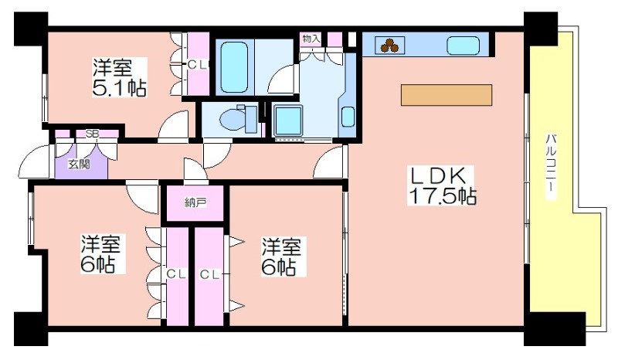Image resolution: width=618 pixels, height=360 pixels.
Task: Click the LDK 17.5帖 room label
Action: tap(441, 185)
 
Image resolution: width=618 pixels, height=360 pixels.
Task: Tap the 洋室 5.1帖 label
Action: tap(119, 78)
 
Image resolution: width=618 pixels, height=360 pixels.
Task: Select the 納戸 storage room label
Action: tap(195, 203)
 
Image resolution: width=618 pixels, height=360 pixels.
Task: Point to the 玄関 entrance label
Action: tap(79, 164)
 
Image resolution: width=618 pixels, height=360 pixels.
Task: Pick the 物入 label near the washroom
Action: tap(311, 39)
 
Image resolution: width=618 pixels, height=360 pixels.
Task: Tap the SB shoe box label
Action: tap(92, 134)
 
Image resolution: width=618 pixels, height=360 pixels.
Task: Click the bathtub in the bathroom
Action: tap(234, 67)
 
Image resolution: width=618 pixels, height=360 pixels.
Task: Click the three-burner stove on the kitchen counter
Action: tap(389, 46)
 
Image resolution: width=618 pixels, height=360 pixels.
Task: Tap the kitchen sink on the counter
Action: tap(463, 46)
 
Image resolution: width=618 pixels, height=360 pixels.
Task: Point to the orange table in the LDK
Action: tap(447, 95)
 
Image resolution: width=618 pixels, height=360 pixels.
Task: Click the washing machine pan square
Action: tap(287, 121)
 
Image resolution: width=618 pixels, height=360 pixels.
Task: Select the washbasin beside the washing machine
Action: tap(347, 117)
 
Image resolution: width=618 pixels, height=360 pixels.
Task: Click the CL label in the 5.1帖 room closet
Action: tap(197, 65)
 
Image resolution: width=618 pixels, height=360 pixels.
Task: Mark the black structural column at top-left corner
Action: tap(31, 29)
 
